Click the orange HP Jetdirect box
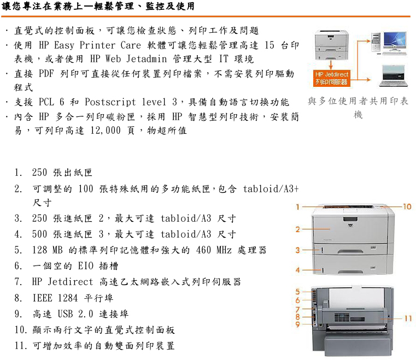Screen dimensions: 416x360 click(x=332, y=78)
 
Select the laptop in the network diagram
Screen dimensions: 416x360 click(x=394, y=76)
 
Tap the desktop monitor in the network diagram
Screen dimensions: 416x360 click(x=395, y=42)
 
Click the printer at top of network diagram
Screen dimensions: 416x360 click(x=332, y=45)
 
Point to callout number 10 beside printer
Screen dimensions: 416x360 click(x=407, y=206)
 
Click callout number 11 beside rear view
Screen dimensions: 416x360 click(x=408, y=318)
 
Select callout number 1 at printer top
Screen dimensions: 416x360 click(x=298, y=207)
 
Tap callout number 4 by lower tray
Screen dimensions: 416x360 click(x=298, y=270)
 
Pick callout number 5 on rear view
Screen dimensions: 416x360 click(x=298, y=292)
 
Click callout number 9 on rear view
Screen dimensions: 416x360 click(x=298, y=324)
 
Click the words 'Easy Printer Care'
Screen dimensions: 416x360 click(x=97, y=45)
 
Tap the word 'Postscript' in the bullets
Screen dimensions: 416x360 click(x=110, y=102)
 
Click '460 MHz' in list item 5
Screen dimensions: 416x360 click(x=214, y=250)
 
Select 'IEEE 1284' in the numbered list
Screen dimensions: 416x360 click(x=55, y=298)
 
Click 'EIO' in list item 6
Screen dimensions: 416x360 click(x=86, y=265)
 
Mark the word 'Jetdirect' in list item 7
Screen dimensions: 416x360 click(x=71, y=281)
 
